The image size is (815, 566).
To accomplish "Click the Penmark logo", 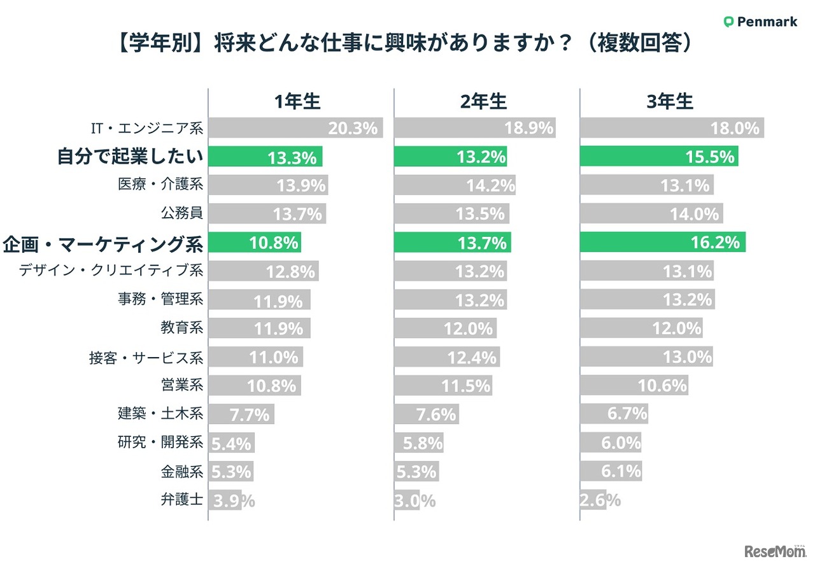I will [760, 22].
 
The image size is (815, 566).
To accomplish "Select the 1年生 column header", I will [297, 102].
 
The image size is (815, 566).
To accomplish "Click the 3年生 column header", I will [669, 102].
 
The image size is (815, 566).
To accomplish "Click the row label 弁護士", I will [182, 500].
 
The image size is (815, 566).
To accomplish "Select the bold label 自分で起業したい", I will [130, 157].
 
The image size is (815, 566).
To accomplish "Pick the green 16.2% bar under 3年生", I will [662, 242].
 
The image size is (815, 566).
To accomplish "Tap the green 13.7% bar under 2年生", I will [452, 242].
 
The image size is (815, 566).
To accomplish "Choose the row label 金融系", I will [182, 472].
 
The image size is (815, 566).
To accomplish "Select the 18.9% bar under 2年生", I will [474, 129].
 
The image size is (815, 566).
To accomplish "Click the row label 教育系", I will [182, 329].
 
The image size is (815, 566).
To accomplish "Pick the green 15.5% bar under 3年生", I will [659, 157].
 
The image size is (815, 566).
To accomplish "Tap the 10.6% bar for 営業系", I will [634, 385].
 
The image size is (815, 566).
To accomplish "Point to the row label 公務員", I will [182, 213].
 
